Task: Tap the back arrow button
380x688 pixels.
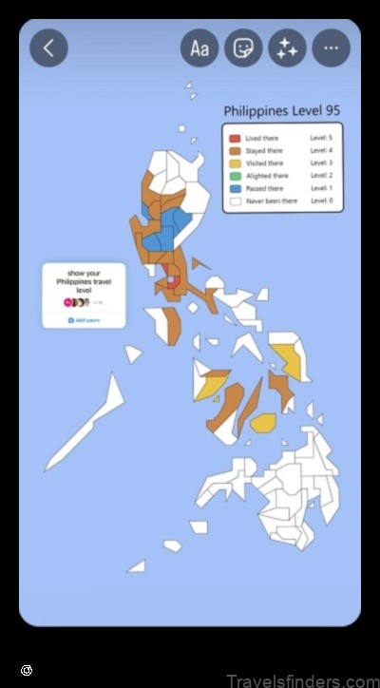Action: click(48, 48)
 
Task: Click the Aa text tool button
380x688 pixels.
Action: click(199, 48)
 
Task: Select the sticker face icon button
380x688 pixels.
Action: click(243, 48)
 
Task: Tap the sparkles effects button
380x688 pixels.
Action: click(287, 48)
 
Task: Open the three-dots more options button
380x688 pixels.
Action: click(331, 48)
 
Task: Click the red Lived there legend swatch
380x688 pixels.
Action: click(234, 139)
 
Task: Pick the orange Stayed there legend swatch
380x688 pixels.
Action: click(234, 151)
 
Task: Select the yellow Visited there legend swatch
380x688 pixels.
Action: click(234, 163)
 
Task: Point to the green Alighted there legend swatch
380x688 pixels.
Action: click(234, 176)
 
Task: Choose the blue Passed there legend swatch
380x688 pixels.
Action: click(234, 188)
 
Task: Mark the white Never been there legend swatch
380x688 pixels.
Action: click(234, 201)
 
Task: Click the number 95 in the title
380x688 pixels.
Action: click(331, 111)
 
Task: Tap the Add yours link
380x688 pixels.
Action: click(84, 320)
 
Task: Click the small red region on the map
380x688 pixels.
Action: click(172, 280)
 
